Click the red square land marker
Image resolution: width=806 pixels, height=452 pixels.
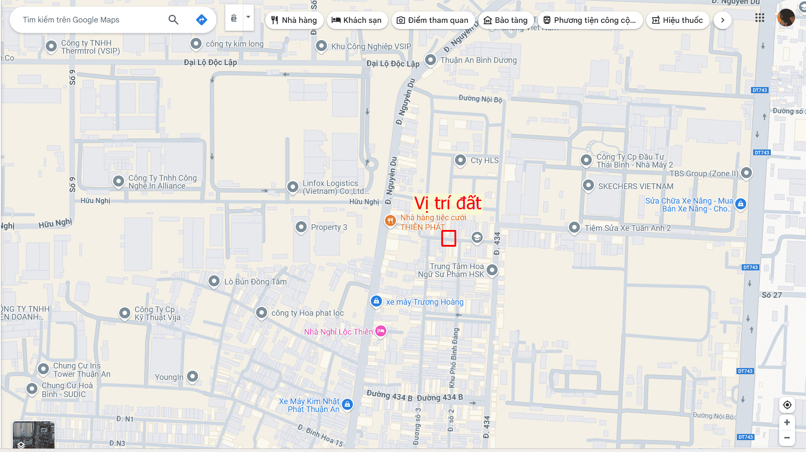[x=448, y=238]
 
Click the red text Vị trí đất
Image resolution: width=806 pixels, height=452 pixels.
[x=448, y=203]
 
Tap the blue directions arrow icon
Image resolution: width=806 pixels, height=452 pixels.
[x=201, y=20]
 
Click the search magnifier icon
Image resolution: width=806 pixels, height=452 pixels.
[x=173, y=20]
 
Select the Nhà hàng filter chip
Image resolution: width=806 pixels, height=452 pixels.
[x=294, y=20]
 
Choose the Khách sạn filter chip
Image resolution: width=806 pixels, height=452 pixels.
[x=357, y=20]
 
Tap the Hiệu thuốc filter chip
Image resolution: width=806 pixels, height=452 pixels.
[x=678, y=20]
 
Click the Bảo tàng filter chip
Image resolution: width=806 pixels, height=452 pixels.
[x=506, y=20]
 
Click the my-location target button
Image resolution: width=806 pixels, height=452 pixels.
[x=787, y=405]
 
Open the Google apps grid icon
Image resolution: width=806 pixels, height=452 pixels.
[x=759, y=18]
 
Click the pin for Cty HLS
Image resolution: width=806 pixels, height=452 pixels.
[x=460, y=160]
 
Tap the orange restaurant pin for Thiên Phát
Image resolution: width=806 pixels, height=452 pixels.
[x=390, y=221]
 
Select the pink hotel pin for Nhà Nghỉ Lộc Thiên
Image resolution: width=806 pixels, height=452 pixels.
[x=381, y=331]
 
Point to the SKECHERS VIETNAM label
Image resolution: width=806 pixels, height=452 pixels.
[x=635, y=186]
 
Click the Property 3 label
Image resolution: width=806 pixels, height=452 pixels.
[x=329, y=227]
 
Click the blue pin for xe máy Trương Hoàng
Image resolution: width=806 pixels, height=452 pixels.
[x=376, y=301]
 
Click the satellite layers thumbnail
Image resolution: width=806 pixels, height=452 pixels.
[x=33, y=434]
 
